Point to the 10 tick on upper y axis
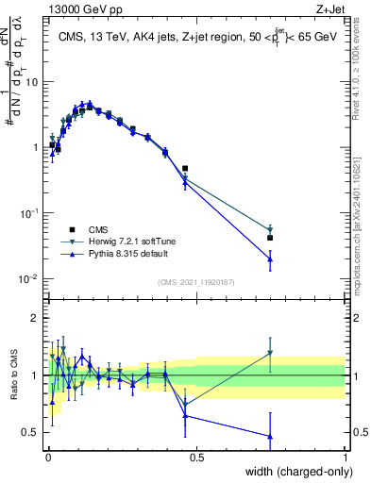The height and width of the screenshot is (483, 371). pyautogui.click(x=31, y=81)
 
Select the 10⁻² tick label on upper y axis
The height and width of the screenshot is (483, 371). pyautogui.click(x=28, y=278)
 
